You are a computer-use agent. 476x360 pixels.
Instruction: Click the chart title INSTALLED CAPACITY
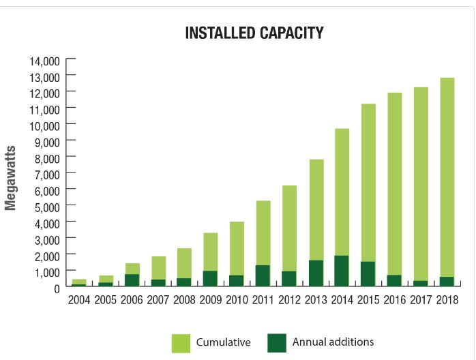(x=254, y=33)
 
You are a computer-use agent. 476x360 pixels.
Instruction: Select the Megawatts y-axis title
(x=10, y=178)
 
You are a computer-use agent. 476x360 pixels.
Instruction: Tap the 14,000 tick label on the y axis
(x=44, y=61)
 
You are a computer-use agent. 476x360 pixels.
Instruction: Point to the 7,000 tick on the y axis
(x=47, y=174)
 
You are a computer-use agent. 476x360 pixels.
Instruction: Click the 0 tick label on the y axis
(x=57, y=289)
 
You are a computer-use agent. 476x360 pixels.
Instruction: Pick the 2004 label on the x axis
(x=79, y=300)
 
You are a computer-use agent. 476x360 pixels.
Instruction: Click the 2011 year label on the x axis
(x=263, y=300)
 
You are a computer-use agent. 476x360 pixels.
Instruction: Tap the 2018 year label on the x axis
(x=447, y=300)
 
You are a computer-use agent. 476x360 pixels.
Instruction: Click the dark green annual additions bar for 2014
(x=342, y=271)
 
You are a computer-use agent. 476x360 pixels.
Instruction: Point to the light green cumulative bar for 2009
(x=210, y=252)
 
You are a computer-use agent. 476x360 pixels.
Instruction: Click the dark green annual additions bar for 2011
(x=263, y=275)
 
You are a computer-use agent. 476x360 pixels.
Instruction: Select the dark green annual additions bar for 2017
(x=421, y=283)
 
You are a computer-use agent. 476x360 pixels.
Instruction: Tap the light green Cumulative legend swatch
(x=181, y=343)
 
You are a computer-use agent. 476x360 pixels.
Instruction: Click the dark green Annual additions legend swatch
(x=277, y=343)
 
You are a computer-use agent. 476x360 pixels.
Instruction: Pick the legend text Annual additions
(x=333, y=343)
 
